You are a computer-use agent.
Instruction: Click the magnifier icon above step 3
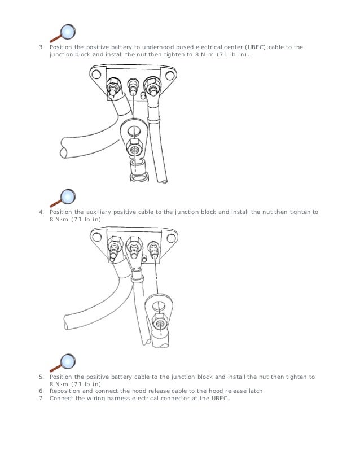pyautogui.click(x=63, y=33)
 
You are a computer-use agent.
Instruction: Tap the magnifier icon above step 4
pyautogui.click(x=63, y=198)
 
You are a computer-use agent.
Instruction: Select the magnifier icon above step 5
pyautogui.click(x=63, y=362)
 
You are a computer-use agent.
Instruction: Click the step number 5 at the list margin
pyautogui.click(x=42, y=377)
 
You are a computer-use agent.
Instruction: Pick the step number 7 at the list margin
pyautogui.click(x=42, y=399)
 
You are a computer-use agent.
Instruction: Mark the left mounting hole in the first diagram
pyautogui.click(x=96, y=75)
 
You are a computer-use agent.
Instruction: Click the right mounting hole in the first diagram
pyautogui.click(x=170, y=76)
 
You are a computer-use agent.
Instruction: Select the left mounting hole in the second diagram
pyautogui.click(x=97, y=237)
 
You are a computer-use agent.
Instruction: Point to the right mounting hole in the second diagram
pyautogui.click(x=171, y=238)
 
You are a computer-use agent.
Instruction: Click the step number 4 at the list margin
pyautogui.click(x=42, y=212)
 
